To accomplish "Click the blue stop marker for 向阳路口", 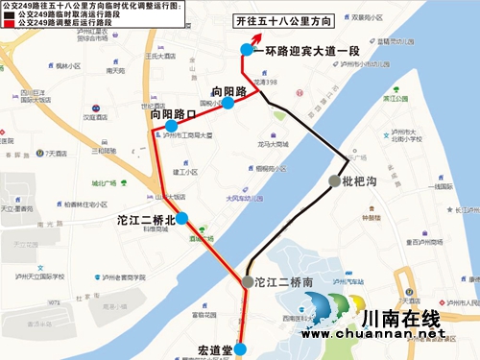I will pyautogui.click(x=171, y=126).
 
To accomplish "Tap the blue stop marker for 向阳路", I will pyautogui.click(x=228, y=102).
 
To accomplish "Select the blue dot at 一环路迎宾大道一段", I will pyautogui.click(x=247, y=50).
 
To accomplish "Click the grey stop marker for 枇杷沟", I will pyautogui.click(x=333, y=180).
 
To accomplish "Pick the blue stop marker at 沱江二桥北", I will pyautogui.click(x=181, y=218).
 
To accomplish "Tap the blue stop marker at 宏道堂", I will pyautogui.click(x=241, y=349).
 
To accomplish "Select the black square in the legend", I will pyautogui.click(x=9, y=16).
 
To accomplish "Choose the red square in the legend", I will pyautogui.click(x=9, y=26).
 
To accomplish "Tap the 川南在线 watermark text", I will pyautogui.click(x=401, y=317).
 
